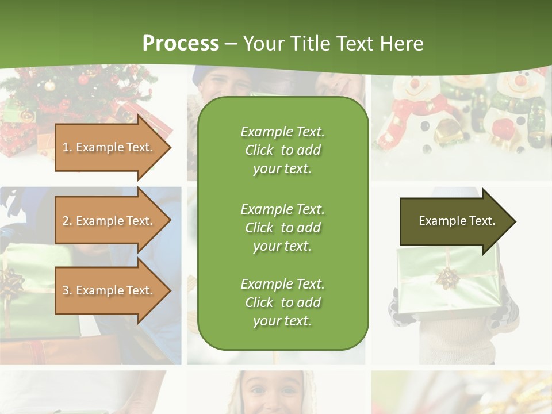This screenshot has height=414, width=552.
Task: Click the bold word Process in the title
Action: [181, 44]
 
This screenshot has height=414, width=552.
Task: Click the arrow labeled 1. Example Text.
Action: [109, 147]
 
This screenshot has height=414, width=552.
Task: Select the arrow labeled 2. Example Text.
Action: [109, 221]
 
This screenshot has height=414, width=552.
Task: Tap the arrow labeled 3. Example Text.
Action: [109, 290]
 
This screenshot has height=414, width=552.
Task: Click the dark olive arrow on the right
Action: [454, 221]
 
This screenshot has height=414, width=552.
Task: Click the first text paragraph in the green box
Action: [282, 150]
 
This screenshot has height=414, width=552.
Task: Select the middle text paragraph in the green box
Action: [282, 228]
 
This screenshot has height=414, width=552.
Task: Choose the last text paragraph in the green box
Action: [282, 302]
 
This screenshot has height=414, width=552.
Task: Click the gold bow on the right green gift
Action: [446, 278]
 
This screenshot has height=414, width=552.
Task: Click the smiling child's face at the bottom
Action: [270, 394]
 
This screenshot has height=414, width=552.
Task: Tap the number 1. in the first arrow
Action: [67, 147]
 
